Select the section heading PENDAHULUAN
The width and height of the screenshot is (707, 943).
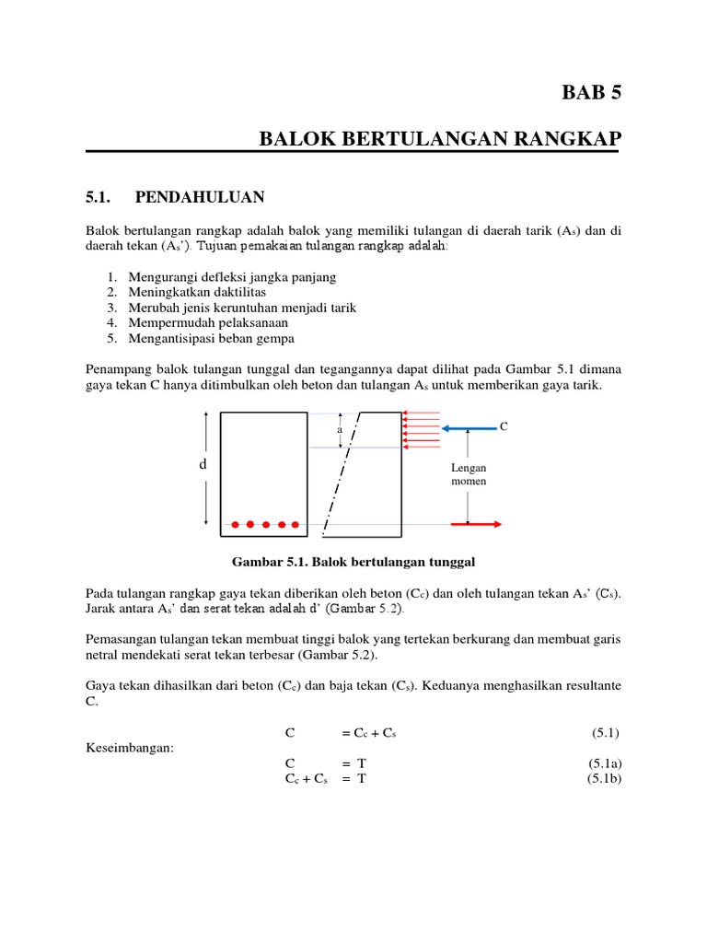(x=200, y=196)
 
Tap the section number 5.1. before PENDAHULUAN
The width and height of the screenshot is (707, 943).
(x=98, y=196)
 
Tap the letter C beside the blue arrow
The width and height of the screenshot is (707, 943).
(x=503, y=426)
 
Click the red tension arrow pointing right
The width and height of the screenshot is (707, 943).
(x=475, y=524)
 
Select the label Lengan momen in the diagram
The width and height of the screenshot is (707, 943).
(x=469, y=474)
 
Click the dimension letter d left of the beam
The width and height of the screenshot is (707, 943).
(x=203, y=465)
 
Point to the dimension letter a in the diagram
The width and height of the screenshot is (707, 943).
(x=340, y=429)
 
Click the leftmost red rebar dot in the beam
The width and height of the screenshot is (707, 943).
(x=236, y=525)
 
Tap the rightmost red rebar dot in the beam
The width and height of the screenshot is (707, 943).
(x=296, y=525)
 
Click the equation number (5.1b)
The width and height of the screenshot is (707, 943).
(x=605, y=778)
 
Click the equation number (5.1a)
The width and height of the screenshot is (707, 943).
(x=605, y=763)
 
